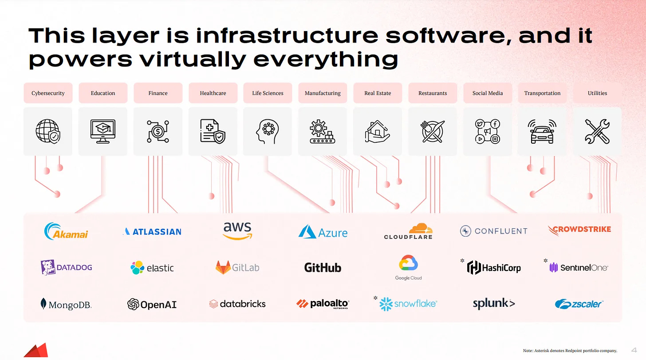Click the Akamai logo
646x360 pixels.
[x=66, y=231]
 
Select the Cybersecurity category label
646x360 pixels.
[x=48, y=93]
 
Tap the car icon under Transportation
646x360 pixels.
[x=542, y=131]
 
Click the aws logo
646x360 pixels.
[x=237, y=231]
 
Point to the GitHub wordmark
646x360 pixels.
[x=323, y=267]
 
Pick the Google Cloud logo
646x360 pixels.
[x=409, y=267]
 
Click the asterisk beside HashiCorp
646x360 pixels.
[x=462, y=261]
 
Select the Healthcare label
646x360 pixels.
[x=213, y=93]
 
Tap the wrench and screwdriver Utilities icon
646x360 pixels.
[x=597, y=131]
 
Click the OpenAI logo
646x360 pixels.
[x=152, y=304]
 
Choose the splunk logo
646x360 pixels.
[x=494, y=304]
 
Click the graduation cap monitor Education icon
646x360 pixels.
[x=103, y=131]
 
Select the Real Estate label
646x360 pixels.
[x=378, y=93]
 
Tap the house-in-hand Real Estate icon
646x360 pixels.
[x=378, y=132]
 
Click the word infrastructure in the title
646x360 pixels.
[x=287, y=36]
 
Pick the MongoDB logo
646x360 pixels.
[x=66, y=305]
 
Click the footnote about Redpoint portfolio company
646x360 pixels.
[x=570, y=351]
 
